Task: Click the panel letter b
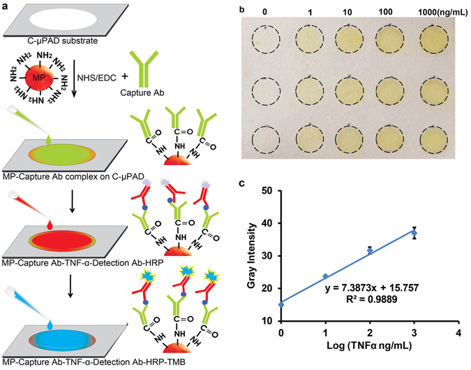point(241,10)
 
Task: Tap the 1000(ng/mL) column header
point(435,12)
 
